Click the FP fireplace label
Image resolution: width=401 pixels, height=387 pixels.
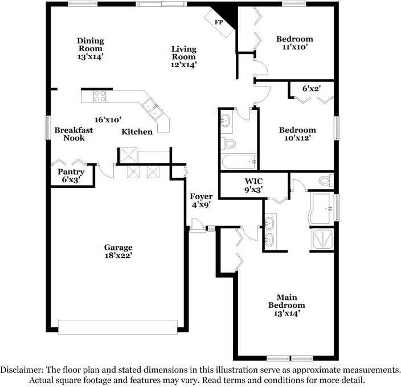[218, 22]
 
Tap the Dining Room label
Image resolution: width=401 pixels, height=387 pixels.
[91, 48]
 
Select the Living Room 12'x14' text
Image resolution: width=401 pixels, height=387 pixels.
[184, 57]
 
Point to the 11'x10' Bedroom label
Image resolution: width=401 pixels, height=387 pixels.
[294, 43]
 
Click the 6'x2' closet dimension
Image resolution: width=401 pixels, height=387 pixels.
[312, 89]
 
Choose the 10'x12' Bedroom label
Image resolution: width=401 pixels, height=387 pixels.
[297, 134]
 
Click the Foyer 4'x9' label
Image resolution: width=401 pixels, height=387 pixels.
[201, 200]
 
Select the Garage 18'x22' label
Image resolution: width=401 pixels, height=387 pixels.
[118, 252]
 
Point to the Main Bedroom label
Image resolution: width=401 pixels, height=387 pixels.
[287, 305]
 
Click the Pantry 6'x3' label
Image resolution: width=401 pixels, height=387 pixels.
[71, 175]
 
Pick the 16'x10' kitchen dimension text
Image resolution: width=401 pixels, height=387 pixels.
[108, 120]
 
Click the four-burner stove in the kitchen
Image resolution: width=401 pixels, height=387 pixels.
[100, 96]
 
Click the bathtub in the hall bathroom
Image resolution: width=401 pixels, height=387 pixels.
[239, 162]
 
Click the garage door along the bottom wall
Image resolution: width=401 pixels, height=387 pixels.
[118, 327]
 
